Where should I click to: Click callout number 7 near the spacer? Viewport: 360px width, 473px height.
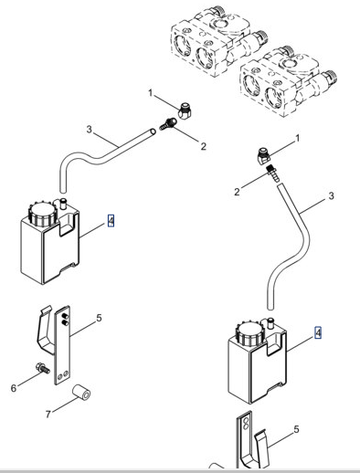[x=48, y=415]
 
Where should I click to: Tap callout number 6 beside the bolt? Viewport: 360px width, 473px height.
[x=14, y=388]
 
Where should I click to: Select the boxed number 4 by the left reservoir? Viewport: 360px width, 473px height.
[x=111, y=221]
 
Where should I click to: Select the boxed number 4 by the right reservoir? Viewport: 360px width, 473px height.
[x=318, y=332]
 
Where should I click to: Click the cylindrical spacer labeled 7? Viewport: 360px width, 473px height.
[x=81, y=393]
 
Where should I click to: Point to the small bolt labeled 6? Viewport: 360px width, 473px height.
[x=42, y=367]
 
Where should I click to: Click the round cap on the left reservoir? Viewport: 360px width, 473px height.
[x=43, y=214]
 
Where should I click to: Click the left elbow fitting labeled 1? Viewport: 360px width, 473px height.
[x=185, y=110]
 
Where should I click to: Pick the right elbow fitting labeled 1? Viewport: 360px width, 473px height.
[x=263, y=155]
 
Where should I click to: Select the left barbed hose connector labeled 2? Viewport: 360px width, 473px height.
[x=168, y=124]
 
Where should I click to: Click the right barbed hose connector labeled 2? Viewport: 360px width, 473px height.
[x=272, y=173]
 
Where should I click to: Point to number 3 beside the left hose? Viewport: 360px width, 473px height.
[x=89, y=130]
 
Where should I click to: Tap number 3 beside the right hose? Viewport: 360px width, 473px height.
[x=332, y=195]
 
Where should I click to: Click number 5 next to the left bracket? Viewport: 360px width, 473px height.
[x=99, y=318]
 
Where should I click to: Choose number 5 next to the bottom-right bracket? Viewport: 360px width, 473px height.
[x=296, y=429]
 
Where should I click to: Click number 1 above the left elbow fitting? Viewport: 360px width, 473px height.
[x=150, y=93]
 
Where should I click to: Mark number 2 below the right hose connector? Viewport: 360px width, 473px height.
[x=237, y=192]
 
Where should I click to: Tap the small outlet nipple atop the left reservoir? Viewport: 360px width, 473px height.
[x=64, y=203]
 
